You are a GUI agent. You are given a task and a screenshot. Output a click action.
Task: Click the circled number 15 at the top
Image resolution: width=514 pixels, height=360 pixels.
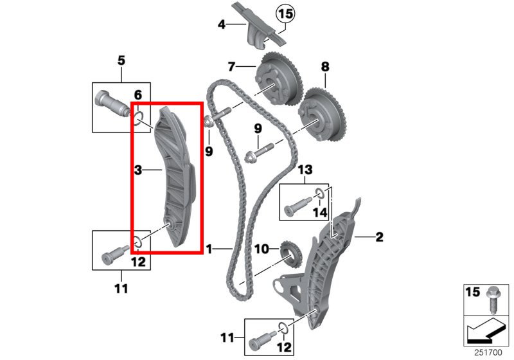tap(285, 14)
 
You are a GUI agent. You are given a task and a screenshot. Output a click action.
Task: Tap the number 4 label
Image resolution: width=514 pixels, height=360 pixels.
tap(222, 24)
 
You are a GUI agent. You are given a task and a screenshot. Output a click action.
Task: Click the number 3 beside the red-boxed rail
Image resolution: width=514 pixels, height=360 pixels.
tap(138, 170)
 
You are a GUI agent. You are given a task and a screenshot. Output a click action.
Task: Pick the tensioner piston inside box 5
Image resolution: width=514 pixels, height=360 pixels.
tap(111, 104)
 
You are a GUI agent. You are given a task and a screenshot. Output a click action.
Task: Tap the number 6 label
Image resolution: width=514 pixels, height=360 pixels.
tap(138, 95)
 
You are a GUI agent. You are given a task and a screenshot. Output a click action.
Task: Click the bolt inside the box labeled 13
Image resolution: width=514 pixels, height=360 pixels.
tap(297, 205)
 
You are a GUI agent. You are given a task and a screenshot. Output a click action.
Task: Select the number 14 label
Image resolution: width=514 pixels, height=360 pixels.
tap(319, 212)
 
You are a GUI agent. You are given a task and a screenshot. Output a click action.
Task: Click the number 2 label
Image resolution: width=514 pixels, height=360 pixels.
tap(379, 237)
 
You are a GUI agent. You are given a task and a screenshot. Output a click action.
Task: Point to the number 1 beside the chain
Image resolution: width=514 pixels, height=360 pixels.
tap(209, 249)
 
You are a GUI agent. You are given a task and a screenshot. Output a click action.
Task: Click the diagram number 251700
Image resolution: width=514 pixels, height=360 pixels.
tap(488, 353)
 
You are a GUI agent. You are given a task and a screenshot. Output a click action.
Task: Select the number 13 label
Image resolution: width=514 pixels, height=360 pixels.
tap(305, 170)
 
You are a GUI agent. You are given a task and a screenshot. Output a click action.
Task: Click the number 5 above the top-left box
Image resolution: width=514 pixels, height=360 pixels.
tap(121, 60)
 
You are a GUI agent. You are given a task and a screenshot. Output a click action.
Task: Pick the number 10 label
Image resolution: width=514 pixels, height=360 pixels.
tap(261, 249)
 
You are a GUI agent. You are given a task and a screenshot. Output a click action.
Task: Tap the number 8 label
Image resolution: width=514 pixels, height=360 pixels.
tap(325, 67)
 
